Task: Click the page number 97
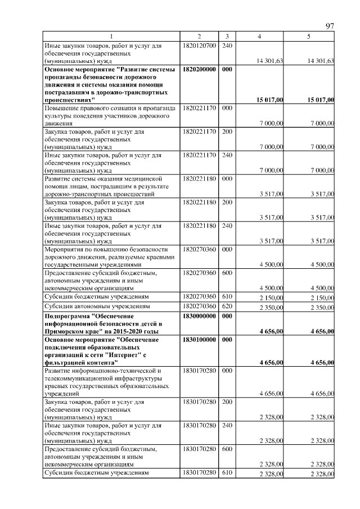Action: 330,26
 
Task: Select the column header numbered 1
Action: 111,37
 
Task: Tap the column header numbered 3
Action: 226,37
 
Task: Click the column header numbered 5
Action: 309,37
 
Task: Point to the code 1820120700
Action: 200,45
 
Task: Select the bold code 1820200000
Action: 200,69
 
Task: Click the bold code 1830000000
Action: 200,316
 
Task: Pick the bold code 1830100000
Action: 200,340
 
